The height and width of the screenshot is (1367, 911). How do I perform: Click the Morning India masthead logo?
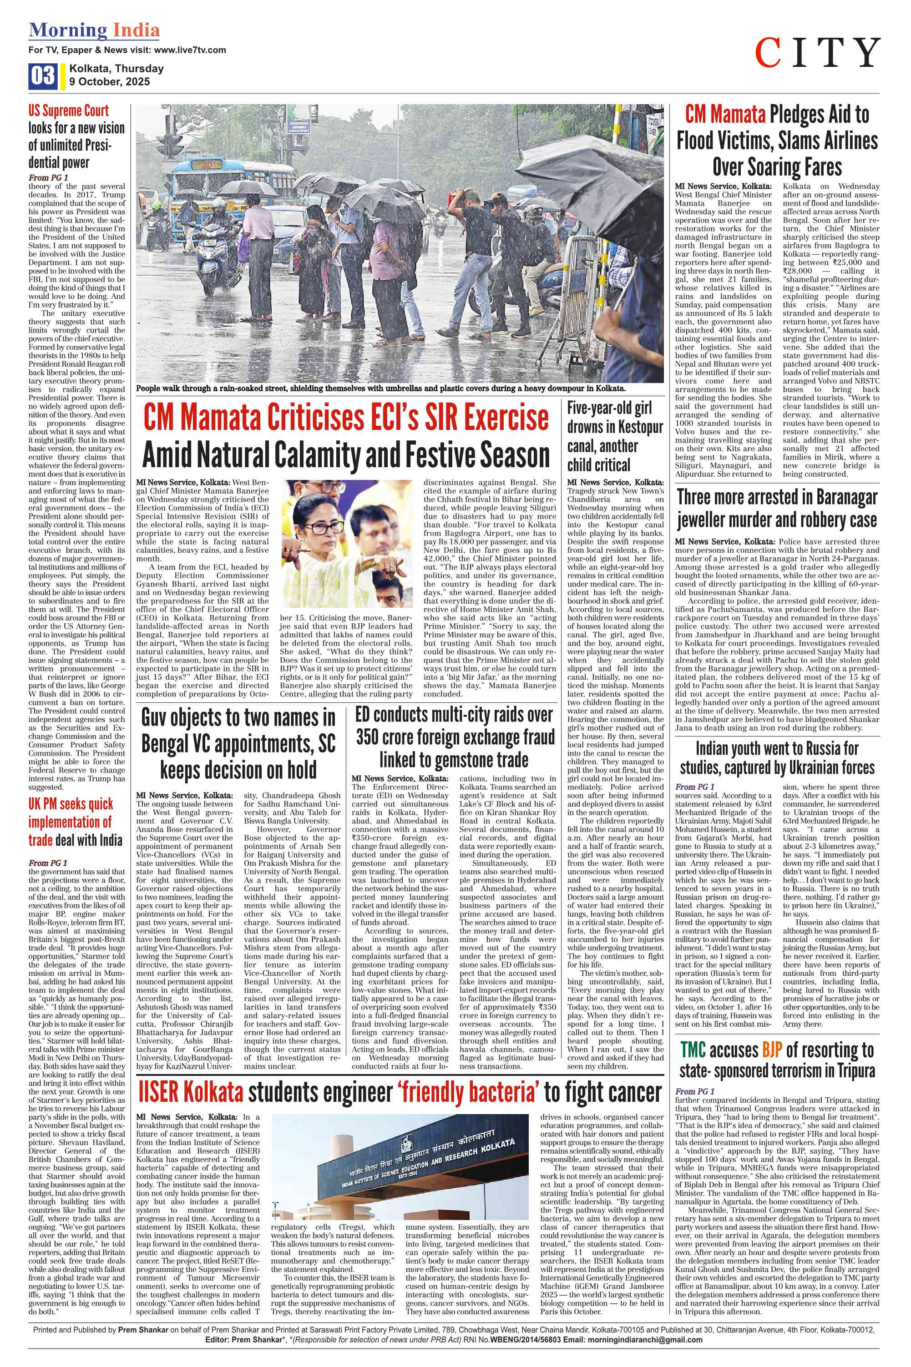coord(94,30)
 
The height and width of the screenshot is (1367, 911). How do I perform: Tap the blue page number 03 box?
coord(42,76)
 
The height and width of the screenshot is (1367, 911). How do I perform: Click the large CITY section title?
coord(817,53)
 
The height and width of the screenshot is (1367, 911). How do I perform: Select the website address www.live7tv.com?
coord(190,50)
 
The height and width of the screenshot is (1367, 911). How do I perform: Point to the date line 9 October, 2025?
coord(109,82)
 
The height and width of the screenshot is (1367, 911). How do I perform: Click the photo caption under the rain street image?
coord(380,388)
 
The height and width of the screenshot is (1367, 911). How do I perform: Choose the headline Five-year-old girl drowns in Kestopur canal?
coord(615,436)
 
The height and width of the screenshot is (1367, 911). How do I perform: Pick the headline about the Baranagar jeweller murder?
coord(777,509)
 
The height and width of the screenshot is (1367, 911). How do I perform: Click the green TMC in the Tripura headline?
coord(693,1050)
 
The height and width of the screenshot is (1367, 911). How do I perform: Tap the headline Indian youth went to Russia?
coord(777,758)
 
